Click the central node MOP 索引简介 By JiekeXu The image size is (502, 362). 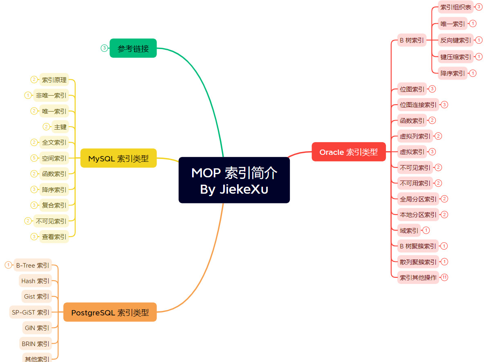coord(234,180)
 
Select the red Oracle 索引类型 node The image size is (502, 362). coord(349,152)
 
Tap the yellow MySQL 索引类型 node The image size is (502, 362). coord(119,158)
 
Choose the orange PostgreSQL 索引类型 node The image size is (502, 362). coord(110,313)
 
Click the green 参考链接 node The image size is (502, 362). coord(133,48)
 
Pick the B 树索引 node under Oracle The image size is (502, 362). coord(412,40)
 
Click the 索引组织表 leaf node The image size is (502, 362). coord(455,7)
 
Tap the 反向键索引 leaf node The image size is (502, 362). coord(455,40)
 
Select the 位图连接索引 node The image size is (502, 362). coord(418,105)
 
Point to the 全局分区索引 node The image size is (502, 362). coord(418,199)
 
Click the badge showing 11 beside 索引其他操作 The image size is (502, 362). coord(444,277)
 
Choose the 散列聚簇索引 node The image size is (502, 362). coord(418,262)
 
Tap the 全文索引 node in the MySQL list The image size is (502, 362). coord(54,143)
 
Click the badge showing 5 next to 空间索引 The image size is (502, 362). coord(34,158)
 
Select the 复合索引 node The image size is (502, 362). coord(54,205)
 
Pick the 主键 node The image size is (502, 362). coord(60,127)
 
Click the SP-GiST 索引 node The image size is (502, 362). coord(31,312)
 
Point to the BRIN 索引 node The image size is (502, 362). coord(36,344)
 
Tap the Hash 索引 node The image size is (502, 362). coord(36,281)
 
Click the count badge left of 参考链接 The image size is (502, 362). coord(104,48)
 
